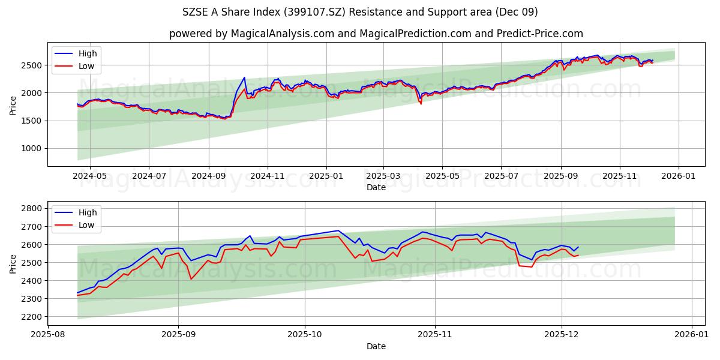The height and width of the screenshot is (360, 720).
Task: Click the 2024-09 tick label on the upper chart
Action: tap(209, 176)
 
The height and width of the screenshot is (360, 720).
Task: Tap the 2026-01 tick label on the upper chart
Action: tap(678, 176)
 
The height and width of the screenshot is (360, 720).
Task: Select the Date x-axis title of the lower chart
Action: tap(376, 346)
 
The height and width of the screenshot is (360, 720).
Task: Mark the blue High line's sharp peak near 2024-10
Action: tap(244, 77)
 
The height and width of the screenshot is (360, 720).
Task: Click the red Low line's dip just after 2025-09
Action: tap(191, 279)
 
